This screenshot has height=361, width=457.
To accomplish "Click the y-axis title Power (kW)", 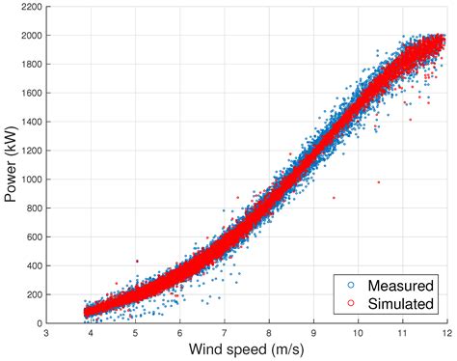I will coord(12,164).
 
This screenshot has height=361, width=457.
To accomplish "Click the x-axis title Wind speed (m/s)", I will coord(248,348).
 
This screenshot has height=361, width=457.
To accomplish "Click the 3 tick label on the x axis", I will coord(46,333).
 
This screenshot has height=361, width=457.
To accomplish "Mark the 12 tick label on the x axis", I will coord(445,333).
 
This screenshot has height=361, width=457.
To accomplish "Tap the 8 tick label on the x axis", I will coord(268,333).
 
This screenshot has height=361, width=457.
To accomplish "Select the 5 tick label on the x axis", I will coord(135,333).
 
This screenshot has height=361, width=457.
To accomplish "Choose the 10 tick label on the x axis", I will coord(357,333).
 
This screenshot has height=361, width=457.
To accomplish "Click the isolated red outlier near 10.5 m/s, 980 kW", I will coord(379,181).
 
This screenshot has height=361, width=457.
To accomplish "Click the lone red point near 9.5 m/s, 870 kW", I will coord(335,198).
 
